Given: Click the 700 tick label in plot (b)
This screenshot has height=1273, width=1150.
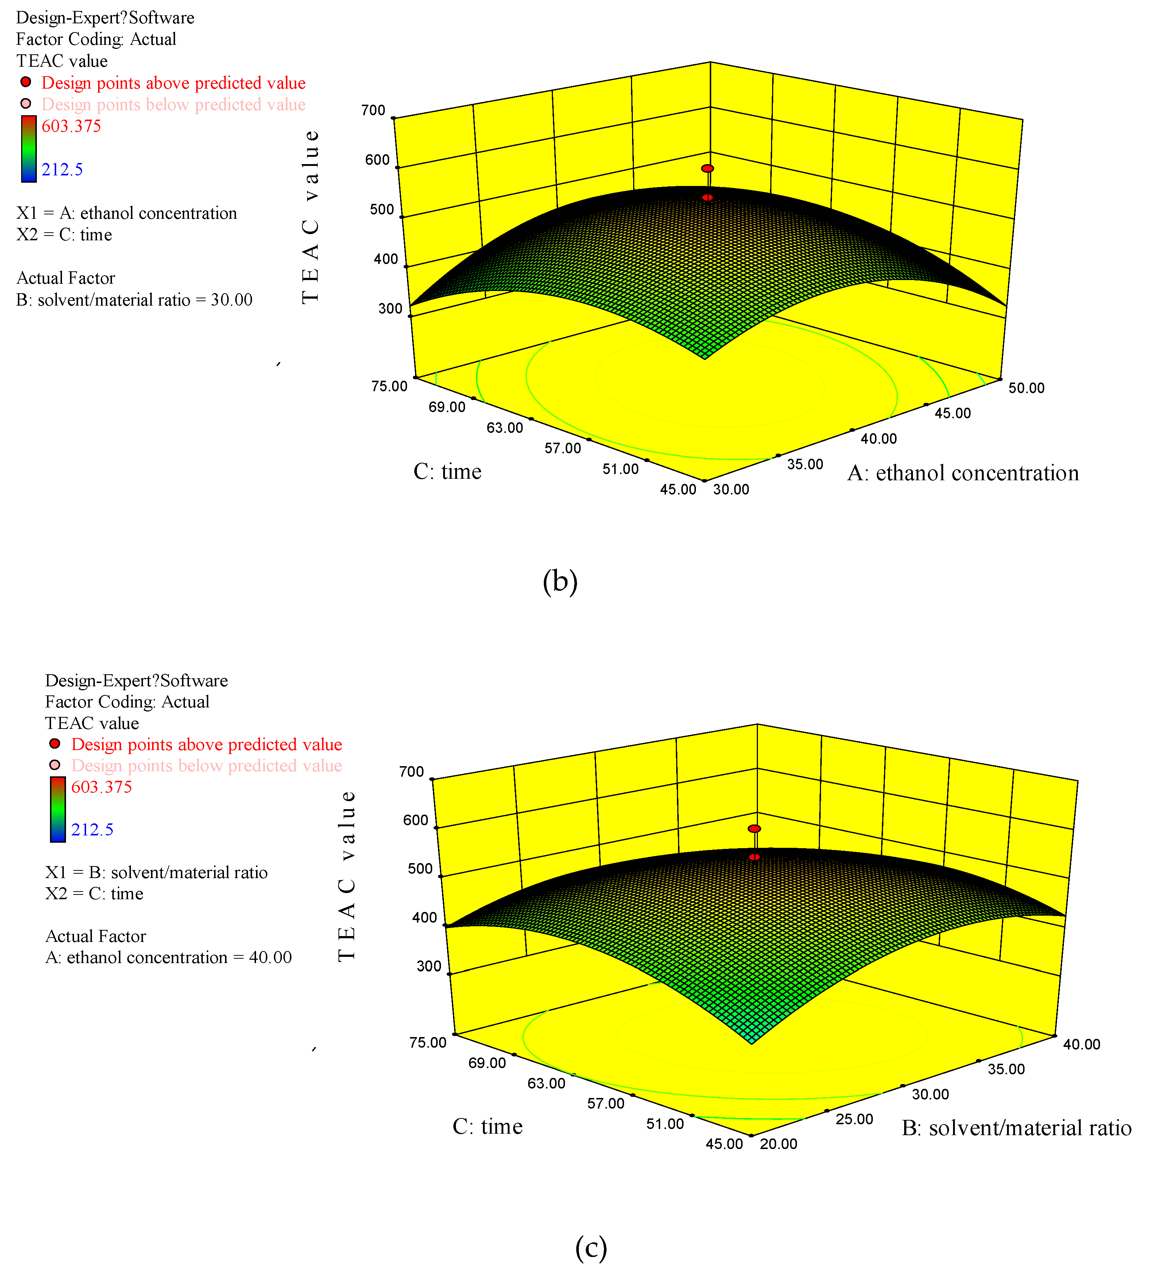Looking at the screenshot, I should tap(373, 110).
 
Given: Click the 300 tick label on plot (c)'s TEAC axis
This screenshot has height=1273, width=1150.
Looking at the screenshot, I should tap(429, 966).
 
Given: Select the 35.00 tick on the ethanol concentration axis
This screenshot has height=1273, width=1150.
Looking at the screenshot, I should tap(805, 465).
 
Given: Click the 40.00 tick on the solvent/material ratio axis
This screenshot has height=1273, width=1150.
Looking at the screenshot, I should tap(1081, 1044).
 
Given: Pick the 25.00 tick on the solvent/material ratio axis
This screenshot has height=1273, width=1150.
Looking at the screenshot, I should tap(854, 1119).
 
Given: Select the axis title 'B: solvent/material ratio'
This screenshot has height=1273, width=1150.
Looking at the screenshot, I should tap(1016, 1128).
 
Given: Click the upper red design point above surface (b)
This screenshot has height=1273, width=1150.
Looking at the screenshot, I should tap(707, 168).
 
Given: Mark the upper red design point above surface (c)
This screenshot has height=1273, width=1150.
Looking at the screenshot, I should tap(754, 828).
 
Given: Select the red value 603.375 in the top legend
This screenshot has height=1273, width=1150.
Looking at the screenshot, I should tap(71, 126).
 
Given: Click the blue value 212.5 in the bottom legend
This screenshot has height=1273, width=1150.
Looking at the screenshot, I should tap(92, 830).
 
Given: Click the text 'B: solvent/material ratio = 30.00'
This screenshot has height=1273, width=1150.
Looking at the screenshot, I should tap(134, 300).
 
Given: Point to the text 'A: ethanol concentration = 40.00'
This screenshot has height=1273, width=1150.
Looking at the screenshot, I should tap(169, 957).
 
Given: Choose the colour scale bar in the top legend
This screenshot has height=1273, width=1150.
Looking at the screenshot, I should tap(28, 148).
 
